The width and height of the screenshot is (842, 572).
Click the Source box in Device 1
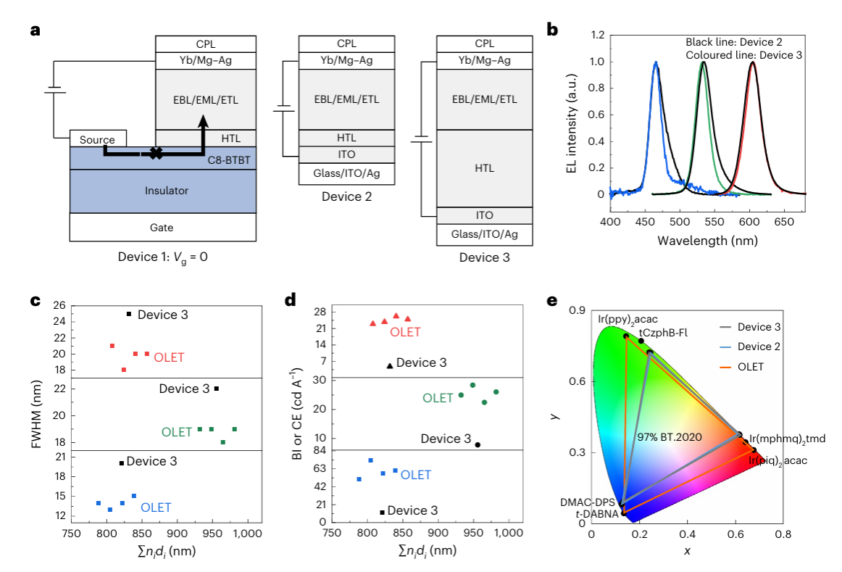[98, 139]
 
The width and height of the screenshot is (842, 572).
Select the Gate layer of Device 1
[162, 227]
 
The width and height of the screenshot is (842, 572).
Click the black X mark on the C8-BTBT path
[154, 152]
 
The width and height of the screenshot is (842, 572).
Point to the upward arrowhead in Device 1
[203, 120]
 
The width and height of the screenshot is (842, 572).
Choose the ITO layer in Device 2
[346, 154]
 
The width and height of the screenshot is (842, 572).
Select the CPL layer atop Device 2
[346, 43]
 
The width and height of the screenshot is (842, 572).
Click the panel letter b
[552, 30]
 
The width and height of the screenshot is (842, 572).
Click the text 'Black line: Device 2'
[734, 42]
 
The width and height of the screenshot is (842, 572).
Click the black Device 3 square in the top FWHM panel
[129, 314]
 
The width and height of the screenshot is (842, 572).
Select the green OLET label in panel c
[177, 432]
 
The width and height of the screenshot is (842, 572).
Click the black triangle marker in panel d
[390, 365]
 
